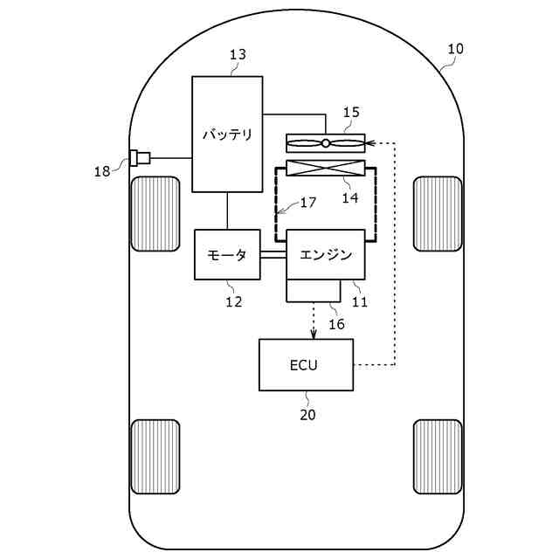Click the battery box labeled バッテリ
click(227, 134)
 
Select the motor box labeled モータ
click(227, 254)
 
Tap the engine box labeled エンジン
click(326, 254)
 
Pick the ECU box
click(306, 364)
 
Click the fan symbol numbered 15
click(326, 142)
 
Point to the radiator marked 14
click(326, 169)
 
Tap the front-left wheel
click(155, 213)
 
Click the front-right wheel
click(438, 213)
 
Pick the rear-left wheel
click(155, 456)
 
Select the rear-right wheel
click(438, 456)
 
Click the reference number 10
click(455, 49)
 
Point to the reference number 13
click(238, 54)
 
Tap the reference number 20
click(307, 415)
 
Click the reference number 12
click(233, 302)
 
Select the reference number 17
click(307, 203)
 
